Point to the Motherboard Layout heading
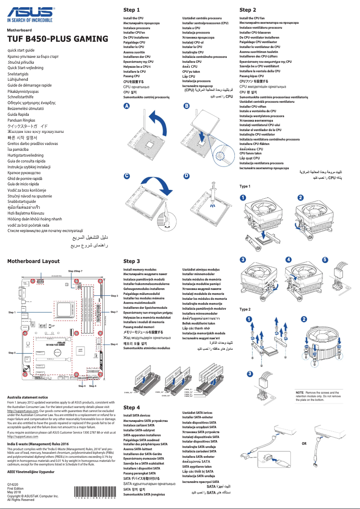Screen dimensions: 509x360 point(33,261)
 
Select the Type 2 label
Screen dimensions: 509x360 point(245,309)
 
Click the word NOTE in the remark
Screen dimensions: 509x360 point(300,393)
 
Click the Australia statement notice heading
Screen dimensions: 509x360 point(27,397)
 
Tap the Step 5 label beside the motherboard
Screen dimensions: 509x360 point(12,353)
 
